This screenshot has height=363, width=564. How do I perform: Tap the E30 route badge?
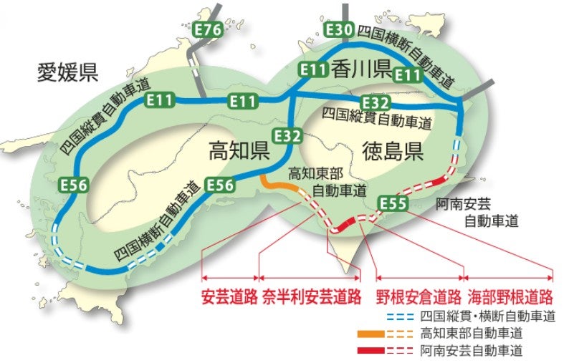(338, 30)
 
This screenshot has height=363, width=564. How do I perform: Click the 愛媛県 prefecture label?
(68, 72)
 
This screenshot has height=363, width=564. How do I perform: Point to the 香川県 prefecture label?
(360, 69)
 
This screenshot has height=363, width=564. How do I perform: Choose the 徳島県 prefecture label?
(393, 152)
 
